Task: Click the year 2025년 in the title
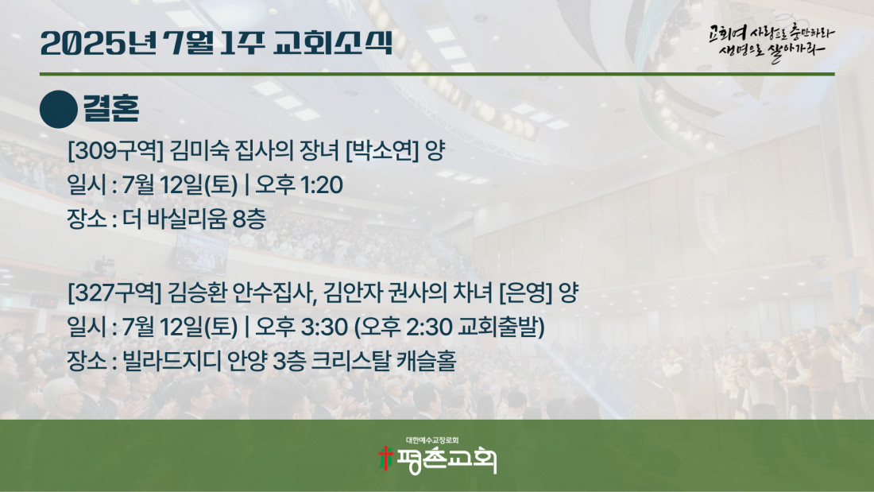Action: pyautogui.click(x=99, y=44)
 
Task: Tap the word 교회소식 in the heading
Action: pyautogui.click(x=334, y=44)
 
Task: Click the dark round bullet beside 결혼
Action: pyautogui.click(x=59, y=110)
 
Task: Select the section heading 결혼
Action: pyautogui.click(x=111, y=108)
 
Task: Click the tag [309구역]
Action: pyautogui.click(x=115, y=150)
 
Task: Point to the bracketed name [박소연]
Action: pyautogui.click(x=382, y=150)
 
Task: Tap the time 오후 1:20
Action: pyautogui.click(x=300, y=184)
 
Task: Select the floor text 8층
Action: pyautogui.click(x=249, y=219)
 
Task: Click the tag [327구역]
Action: pyautogui.click(x=114, y=292)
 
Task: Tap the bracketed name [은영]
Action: pyautogui.click(x=526, y=292)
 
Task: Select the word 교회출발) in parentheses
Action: pyautogui.click(x=501, y=327)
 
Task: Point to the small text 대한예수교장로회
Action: pyautogui.click(x=432, y=440)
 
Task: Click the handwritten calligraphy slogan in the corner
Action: pyautogui.click(x=772, y=43)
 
